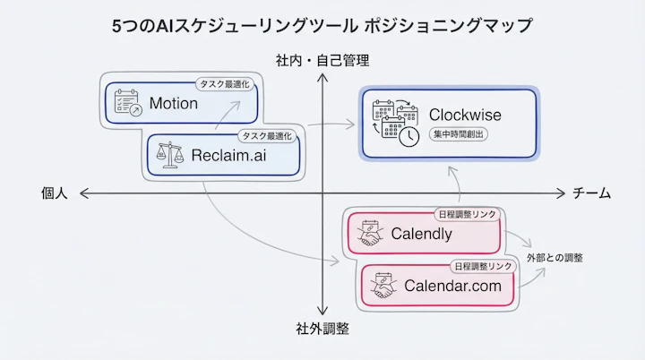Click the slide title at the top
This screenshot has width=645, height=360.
pos(322,25)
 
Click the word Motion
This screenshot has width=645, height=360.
pos(174,103)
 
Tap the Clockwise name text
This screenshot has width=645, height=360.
pos(465,115)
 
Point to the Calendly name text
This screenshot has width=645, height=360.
pos(421,235)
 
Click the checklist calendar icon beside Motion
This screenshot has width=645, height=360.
pos(129,103)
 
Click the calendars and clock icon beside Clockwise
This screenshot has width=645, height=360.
pos(395,123)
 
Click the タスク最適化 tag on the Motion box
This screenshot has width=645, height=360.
pos(225,85)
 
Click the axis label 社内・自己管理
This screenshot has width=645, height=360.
pos(322,61)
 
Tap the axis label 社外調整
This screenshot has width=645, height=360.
pos(322,328)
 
